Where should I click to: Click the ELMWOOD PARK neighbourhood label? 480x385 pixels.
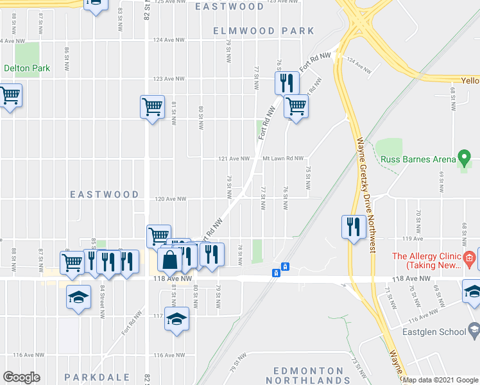(264, 31)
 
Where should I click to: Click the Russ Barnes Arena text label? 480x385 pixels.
(416, 160)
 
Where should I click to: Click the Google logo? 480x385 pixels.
(21, 377)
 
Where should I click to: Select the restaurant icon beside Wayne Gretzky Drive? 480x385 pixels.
(352, 226)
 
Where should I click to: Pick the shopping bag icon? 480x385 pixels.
(170, 261)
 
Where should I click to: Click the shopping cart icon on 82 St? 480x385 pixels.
(152, 107)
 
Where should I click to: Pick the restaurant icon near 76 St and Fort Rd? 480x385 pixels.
(286, 83)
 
